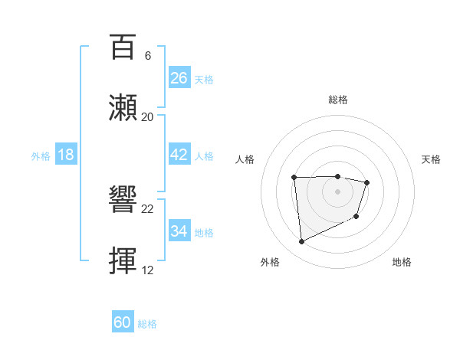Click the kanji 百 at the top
[124, 47]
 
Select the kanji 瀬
[124, 107]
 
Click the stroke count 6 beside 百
[148, 56]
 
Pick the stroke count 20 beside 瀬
[148, 116]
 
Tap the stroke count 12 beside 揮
[148, 270]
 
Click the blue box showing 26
[179, 78]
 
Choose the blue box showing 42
[179, 155]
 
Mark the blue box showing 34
[179, 231]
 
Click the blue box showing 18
[66, 155]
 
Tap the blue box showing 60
[123, 322]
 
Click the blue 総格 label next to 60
[147, 324]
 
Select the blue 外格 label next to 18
[41, 156]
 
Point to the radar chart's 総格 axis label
[337, 100]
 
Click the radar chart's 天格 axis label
[431, 159]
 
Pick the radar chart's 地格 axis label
[402, 262]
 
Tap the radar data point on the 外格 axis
[301, 242]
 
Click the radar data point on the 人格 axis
[294, 178]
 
